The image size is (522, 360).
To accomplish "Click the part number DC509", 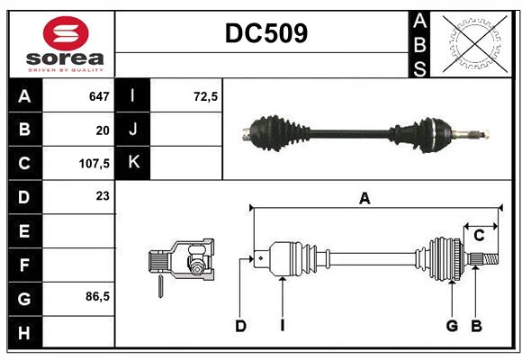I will [265, 33].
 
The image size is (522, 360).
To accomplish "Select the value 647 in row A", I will [98, 96].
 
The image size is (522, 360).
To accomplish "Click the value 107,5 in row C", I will [94, 164].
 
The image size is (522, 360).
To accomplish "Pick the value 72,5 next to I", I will [206, 96].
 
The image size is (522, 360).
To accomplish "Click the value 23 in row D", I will [102, 196].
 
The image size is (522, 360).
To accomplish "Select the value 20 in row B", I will [102, 130].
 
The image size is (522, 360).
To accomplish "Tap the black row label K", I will [133, 163].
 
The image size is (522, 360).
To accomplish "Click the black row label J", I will [133, 130].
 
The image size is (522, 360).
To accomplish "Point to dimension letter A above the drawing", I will [364, 199].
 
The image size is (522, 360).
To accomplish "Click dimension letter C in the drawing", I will [480, 235].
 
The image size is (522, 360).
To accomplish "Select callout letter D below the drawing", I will [240, 326].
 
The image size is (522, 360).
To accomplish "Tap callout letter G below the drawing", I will [452, 326].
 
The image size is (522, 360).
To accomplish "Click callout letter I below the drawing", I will [282, 326].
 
